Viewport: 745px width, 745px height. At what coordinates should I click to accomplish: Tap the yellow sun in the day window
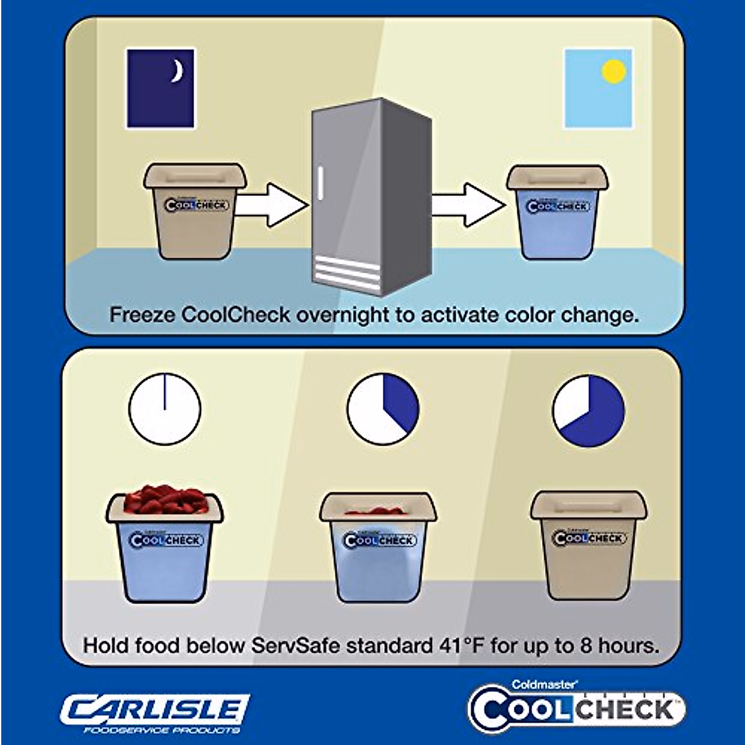613,71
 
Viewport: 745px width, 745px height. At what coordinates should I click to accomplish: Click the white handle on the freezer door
320,184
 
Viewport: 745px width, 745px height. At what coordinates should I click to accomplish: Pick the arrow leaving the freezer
469,204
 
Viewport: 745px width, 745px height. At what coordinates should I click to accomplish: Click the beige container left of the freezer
195,211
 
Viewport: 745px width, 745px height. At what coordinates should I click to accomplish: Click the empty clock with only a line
165,409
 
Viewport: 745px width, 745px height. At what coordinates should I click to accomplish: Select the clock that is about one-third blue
383,409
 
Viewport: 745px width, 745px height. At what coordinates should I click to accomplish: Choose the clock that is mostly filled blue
588,410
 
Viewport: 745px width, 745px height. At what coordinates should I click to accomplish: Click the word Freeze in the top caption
142,315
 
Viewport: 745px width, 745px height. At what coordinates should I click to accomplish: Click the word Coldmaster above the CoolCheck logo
544,684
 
